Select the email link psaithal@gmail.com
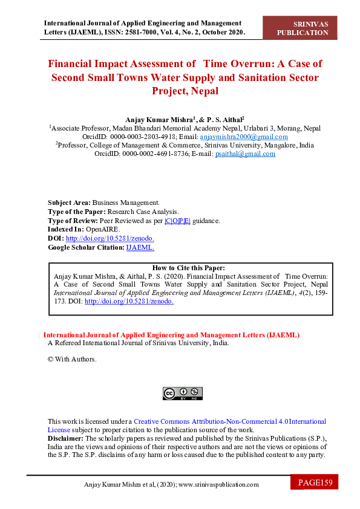245,154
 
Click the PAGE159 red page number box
315,482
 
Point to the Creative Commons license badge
183,394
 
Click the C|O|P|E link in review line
177,221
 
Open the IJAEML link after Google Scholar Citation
140,247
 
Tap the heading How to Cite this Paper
189,268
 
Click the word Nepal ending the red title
203,91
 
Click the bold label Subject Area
69,203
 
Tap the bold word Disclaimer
65,438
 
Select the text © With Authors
72,359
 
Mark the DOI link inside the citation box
129,301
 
